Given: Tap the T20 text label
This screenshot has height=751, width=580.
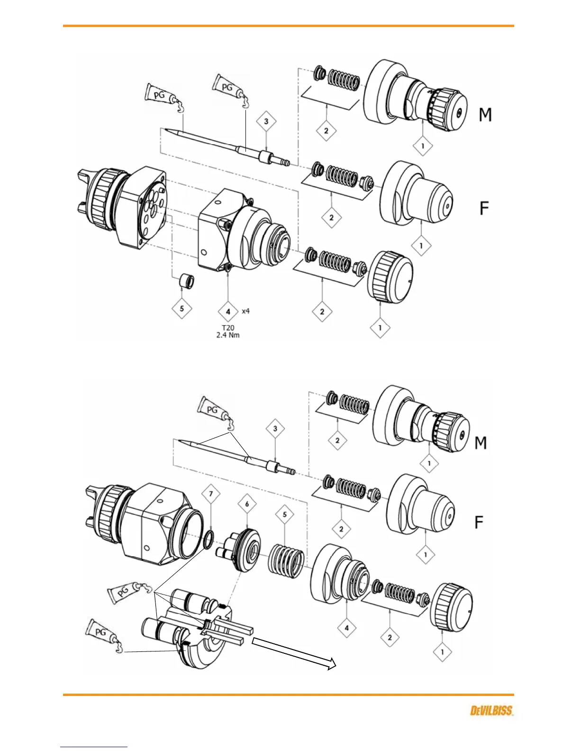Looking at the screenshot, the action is [x=228, y=328].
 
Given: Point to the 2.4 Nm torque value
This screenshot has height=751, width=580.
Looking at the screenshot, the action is [x=228, y=335].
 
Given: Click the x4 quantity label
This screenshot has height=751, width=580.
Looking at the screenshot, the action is [x=245, y=311].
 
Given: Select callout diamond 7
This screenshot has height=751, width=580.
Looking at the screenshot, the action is [x=211, y=494].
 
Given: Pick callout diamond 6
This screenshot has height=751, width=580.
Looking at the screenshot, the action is [x=247, y=504].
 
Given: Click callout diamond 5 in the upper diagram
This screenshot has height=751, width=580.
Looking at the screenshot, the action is [x=182, y=309].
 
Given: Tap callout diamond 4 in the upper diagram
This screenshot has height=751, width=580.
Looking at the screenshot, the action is [x=228, y=311].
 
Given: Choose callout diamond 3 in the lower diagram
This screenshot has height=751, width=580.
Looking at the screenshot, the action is [x=275, y=429].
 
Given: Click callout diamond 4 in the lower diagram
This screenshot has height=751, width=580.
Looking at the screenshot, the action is [x=347, y=628].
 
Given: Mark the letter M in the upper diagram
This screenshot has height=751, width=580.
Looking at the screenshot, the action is [x=485, y=115].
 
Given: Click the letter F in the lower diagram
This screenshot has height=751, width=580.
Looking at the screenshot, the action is [x=479, y=522].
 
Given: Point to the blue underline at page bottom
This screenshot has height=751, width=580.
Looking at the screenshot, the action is [x=94, y=747].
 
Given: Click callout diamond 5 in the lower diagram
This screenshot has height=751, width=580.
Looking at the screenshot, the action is [x=285, y=514].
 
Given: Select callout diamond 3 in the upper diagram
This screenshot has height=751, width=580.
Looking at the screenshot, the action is [x=266, y=121].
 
